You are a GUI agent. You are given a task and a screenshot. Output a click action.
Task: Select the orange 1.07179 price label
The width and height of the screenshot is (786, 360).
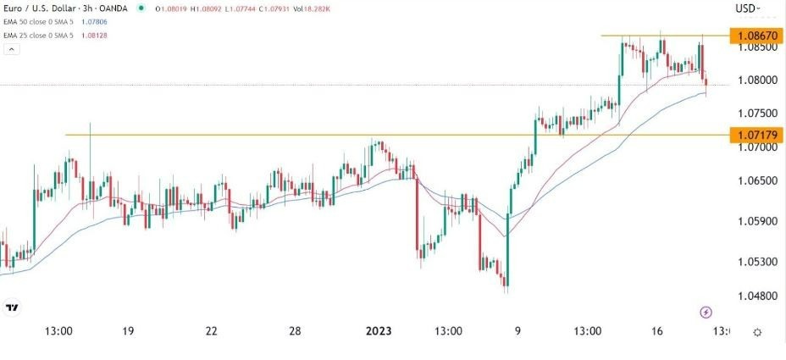pos(757,135)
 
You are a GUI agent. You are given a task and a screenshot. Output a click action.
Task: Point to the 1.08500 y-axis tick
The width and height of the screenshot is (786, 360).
pos(755,47)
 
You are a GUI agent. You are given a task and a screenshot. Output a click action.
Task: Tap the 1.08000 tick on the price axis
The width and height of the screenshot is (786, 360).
pos(755,80)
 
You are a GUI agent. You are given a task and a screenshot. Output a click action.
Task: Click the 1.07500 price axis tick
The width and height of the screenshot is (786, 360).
pos(755,114)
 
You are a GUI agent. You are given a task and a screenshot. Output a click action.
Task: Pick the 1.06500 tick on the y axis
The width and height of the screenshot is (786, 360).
pos(755,181)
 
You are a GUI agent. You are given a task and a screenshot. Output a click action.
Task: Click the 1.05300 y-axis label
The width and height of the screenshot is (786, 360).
pos(755,262)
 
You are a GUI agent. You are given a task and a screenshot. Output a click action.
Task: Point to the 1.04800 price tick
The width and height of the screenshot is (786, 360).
pos(755,296)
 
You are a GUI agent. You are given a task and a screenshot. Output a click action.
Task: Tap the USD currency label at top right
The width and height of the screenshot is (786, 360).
pos(746,8)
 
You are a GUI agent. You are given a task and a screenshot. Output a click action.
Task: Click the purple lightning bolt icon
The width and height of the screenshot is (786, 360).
pos(707,313)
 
